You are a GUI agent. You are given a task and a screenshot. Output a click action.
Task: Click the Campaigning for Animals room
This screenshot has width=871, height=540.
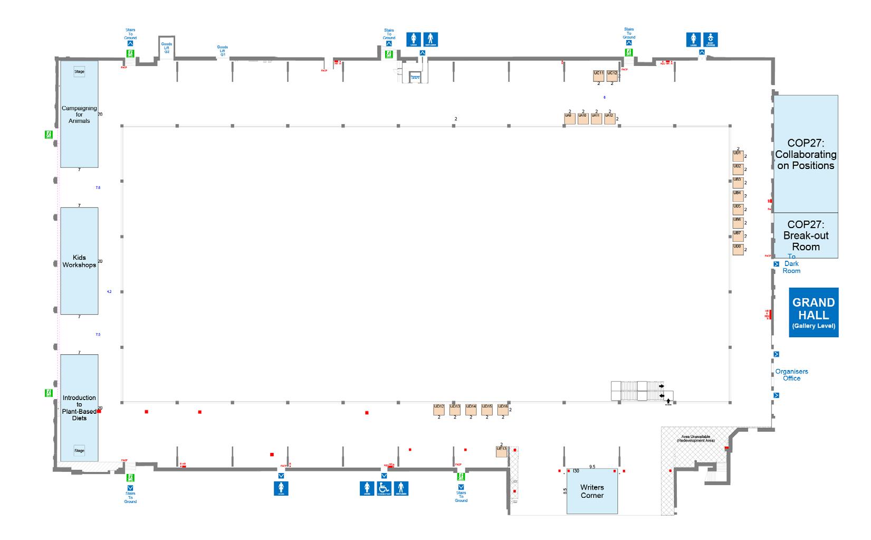tap(79, 115)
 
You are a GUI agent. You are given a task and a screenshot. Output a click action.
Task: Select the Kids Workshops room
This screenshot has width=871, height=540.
tap(79, 261)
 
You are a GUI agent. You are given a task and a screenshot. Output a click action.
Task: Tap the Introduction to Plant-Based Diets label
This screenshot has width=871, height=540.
tap(79, 408)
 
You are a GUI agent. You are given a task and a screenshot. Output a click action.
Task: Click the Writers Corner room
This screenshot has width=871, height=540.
tap(592, 491)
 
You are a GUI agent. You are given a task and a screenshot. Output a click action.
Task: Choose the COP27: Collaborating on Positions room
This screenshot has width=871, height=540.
tap(806, 154)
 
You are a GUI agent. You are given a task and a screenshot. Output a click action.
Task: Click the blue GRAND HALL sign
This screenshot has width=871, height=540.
tap(813, 312)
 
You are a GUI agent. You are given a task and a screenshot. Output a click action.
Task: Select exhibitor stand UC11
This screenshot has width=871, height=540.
tap(598, 75)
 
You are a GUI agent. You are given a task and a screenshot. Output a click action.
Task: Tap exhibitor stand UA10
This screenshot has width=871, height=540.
tap(582, 118)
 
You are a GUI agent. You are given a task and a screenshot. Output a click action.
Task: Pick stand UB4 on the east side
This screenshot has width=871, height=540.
tap(738, 195)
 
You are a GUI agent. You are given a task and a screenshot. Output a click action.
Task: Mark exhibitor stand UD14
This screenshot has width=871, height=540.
tap(471, 409)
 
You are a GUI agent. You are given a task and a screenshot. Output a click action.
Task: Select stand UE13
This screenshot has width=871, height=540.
tap(501, 452)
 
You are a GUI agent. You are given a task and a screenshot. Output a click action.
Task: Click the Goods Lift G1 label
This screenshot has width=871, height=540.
tap(223, 51)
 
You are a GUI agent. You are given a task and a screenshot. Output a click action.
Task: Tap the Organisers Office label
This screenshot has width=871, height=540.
tap(791, 375)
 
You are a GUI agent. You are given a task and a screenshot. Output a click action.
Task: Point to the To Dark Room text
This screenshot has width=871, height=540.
tap(791, 264)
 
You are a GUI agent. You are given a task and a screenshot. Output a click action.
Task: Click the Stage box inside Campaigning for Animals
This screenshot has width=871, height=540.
tap(79, 72)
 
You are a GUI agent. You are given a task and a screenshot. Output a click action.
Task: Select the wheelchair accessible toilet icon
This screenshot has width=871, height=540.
tap(384, 488)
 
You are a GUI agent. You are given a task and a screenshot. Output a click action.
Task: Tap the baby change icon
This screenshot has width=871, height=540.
tap(710, 40)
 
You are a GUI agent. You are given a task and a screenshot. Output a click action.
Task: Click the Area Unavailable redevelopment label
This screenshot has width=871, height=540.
tap(697, 438)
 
